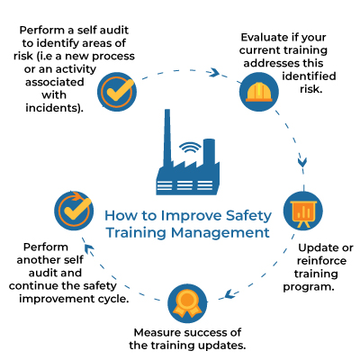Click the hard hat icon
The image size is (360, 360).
(x=259, y=92)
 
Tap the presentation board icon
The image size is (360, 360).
(x=303, y=211)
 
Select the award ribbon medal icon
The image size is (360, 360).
(x=187, y=303)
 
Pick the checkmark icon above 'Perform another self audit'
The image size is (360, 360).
(x=74, y=211)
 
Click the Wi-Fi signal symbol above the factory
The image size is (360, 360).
(x=190, y=148)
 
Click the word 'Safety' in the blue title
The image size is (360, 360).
(x=248, y=216)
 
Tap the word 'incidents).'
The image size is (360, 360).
(x=54, y=108)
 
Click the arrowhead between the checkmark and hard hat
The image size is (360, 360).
(x=214, y=72)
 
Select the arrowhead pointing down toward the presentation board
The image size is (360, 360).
(x=302, y=162)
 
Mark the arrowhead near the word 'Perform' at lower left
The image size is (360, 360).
(x=89, y=248)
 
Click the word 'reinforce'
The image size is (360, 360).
(x=321, y=261)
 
